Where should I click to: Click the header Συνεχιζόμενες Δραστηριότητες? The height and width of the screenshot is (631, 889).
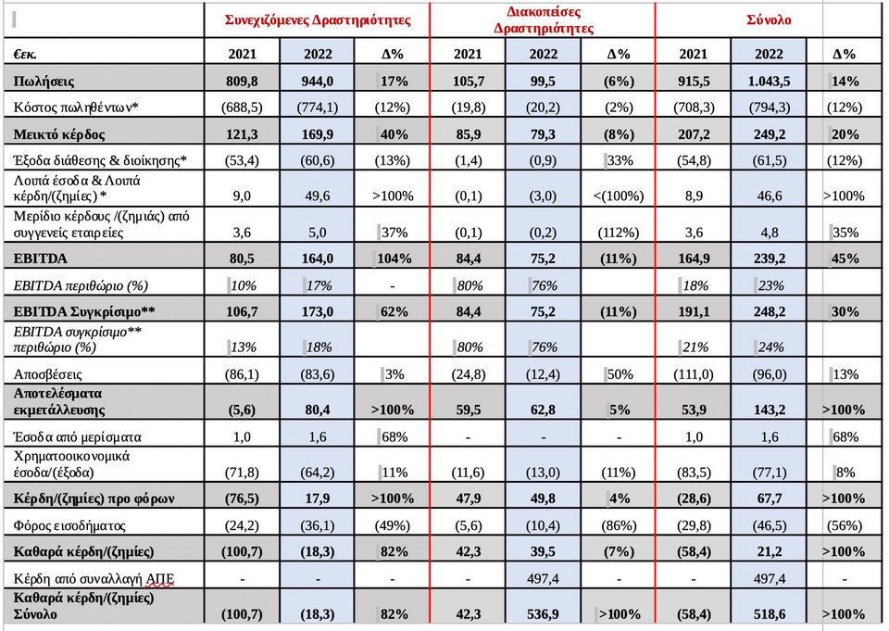318,19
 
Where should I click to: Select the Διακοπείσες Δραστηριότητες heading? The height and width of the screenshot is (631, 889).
544,19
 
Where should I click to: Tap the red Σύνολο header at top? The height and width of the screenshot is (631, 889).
769,19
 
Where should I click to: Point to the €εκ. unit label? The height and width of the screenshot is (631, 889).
25,54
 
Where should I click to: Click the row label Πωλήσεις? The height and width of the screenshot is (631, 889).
44,82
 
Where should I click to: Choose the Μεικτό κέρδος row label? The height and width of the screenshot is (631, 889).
59,134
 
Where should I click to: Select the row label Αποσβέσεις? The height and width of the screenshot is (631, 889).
47,374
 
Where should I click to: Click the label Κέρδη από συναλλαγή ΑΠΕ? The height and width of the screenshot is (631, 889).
94,579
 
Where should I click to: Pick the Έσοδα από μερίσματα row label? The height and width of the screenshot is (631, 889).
77,437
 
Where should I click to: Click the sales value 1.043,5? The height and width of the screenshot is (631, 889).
769,82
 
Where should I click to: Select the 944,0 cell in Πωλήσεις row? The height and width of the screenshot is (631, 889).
317,82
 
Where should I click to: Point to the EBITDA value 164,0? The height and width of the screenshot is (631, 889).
317,259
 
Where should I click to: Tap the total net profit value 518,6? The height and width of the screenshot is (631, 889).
770,614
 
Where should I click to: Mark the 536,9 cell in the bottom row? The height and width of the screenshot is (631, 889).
543,614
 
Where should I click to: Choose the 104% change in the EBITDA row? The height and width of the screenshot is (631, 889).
394,259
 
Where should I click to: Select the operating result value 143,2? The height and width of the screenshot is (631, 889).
770,410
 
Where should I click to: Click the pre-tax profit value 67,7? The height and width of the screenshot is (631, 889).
770,498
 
